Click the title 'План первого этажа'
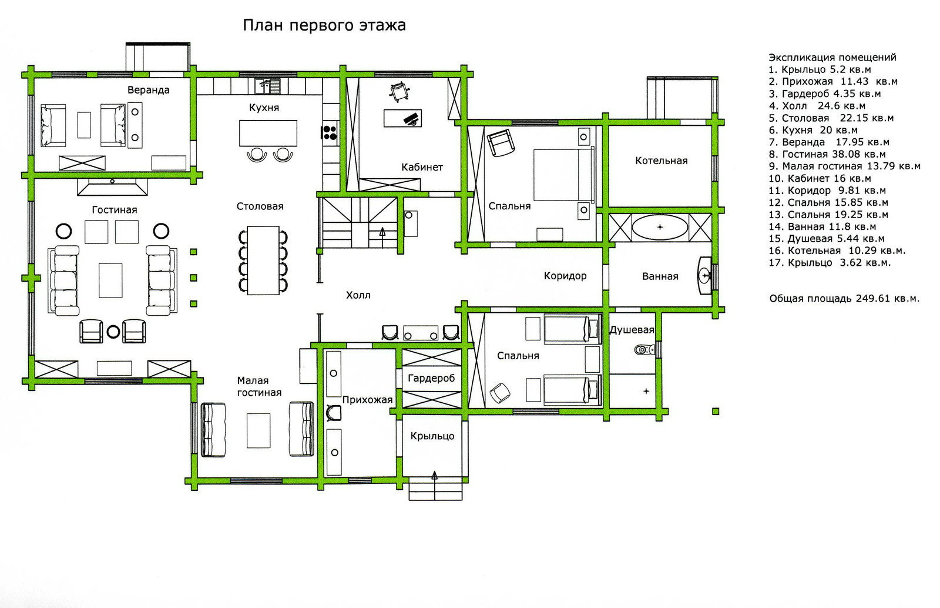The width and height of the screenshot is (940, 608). [x=324, y=26]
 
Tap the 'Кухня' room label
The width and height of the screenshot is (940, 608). [x=264, y=108]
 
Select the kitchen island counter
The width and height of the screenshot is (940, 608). [x=268, y=133]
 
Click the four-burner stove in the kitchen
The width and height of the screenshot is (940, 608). [x=330, y=132]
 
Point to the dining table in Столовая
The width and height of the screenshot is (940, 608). [x=263, y=260]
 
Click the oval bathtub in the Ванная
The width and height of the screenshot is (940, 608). [x=660, y=227]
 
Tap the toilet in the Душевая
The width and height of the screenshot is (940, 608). [x=644, y=349]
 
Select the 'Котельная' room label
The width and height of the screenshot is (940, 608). [x=662, y=161]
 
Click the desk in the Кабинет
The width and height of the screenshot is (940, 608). [x=402, y=118]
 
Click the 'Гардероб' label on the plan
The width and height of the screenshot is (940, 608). [x=431, y=378]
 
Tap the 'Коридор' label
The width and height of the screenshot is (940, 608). [x=565, y=276]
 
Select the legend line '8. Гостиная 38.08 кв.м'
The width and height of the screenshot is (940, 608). [x=827, y=154]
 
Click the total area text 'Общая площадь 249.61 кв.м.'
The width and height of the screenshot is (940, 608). [x=844, y=299]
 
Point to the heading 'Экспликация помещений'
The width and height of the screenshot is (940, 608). [x=832, y=58]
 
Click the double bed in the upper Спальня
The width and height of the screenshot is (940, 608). [x=564, y=175]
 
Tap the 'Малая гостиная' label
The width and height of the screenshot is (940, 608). [x=259, y=387]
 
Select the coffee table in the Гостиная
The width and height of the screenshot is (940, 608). [x=111, y=280]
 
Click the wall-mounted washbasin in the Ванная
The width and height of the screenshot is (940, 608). [x=705, y=275]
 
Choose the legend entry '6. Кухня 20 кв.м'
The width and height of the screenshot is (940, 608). [x=813, y=130]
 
